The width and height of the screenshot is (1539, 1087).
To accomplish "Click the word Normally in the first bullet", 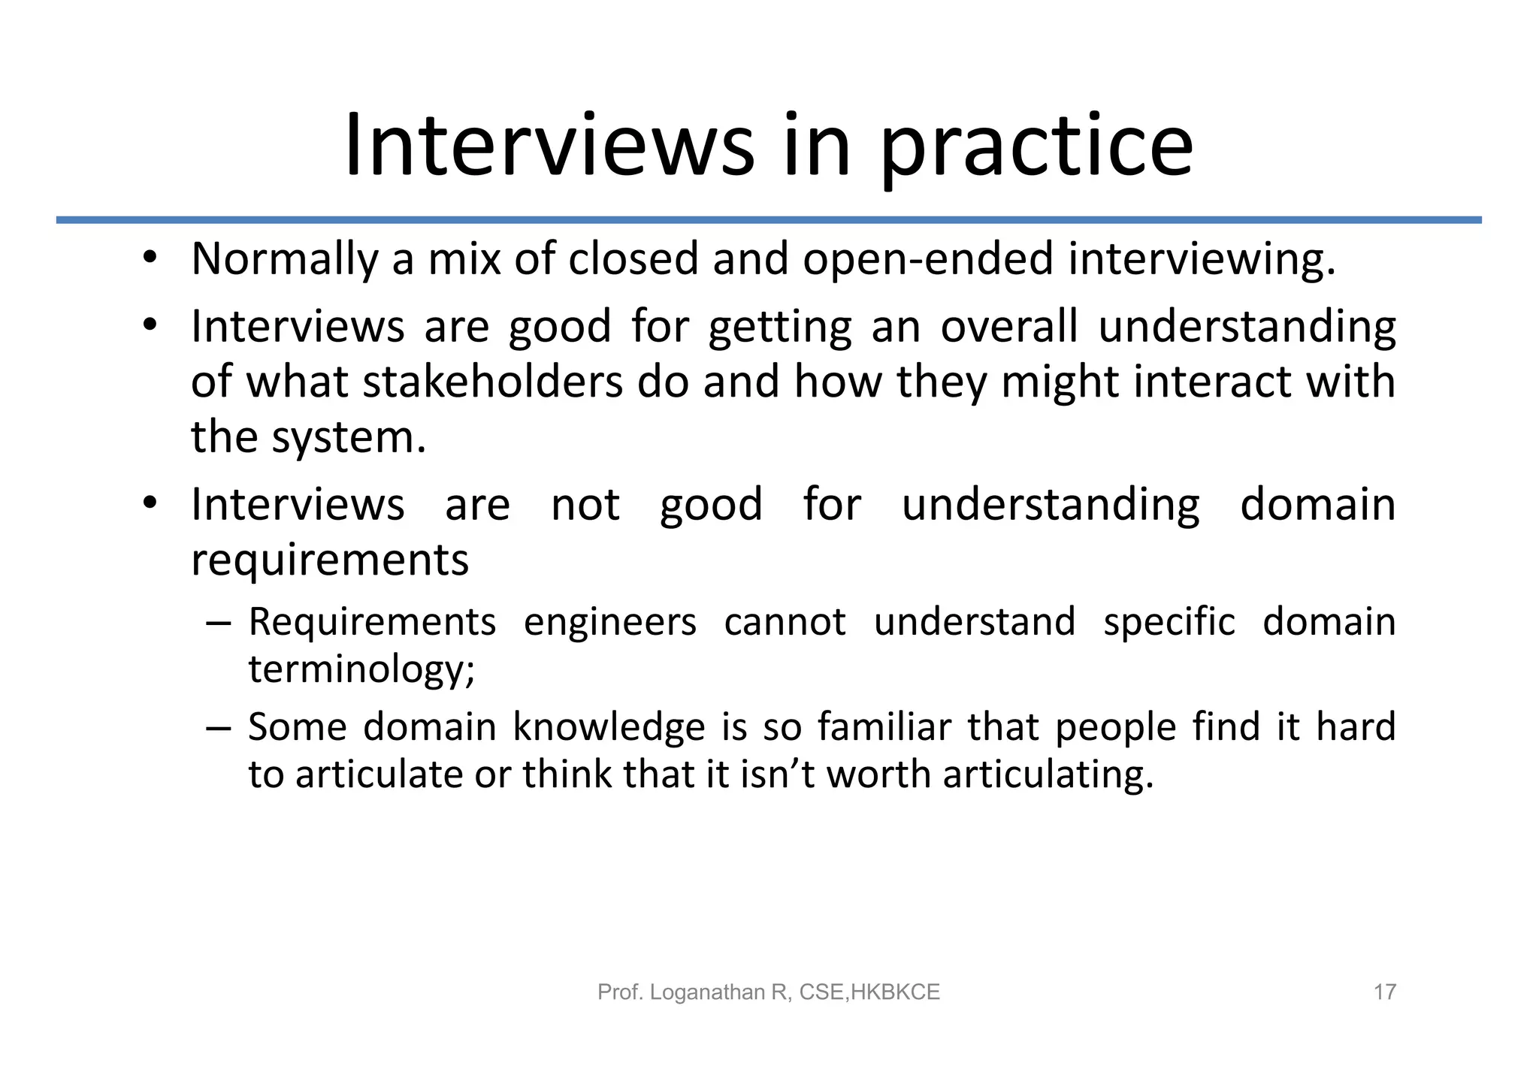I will coord(284,259).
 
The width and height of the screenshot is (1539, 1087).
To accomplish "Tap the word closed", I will coord(633,259).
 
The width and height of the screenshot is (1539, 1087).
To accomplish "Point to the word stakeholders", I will coord(493,382).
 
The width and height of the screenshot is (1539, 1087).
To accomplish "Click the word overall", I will coord(1008,327).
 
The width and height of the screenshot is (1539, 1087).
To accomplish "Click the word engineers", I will coord(609,624).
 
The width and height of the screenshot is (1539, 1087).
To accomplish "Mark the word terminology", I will coord(361,670).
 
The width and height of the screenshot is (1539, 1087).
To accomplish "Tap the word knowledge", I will coord(609,727).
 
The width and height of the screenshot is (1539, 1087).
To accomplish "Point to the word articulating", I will coord(1048,775).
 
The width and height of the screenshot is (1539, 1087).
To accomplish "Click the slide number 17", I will coord(1384,992).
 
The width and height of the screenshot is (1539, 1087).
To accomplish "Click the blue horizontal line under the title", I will coord(769,220).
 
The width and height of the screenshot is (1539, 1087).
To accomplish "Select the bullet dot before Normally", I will coord(150,258).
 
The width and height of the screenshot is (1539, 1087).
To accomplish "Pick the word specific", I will coord(1169,624).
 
